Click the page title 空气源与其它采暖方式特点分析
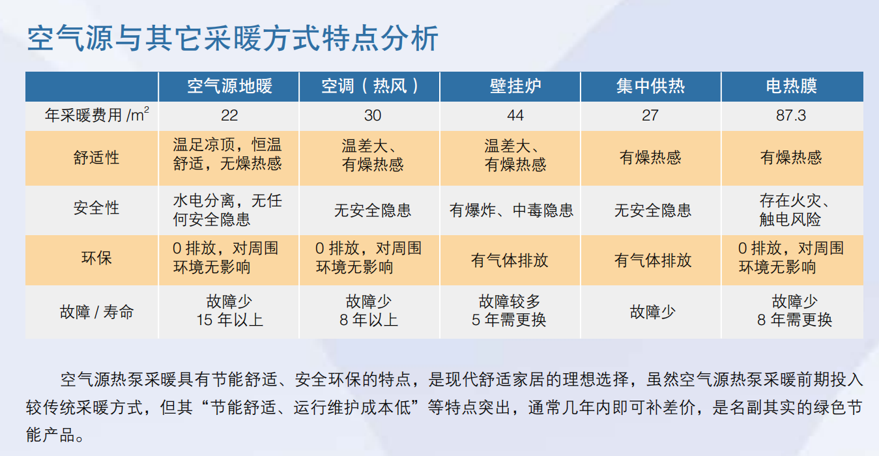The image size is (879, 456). pos(233,39)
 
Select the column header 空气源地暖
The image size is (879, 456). pos(229,86)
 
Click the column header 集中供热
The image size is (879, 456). pos(650,86)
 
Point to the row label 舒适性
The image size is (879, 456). pos(96,158)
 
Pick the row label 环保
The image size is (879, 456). pos(96,258)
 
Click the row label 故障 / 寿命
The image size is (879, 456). pos(96,311)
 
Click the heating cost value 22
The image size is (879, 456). pos(229,115)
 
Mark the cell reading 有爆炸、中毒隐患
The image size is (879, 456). pos(512,210)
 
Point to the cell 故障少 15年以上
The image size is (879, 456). pos(229,311)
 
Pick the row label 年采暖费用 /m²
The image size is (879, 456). pos(96,115)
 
